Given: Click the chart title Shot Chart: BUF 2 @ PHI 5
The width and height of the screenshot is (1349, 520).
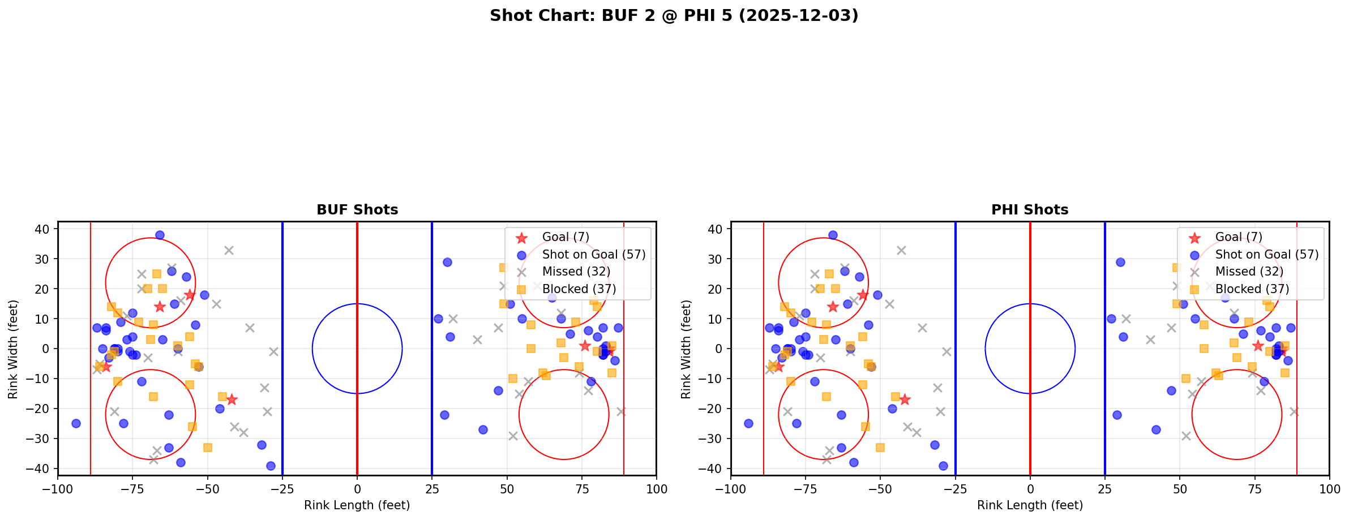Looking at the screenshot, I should coord(674,15).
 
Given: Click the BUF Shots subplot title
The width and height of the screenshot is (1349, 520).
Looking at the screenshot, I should coord(357,210).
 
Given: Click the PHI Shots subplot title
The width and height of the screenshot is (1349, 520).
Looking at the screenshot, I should coord(1030,210).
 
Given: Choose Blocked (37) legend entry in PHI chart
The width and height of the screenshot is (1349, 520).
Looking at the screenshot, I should coord(1252,289).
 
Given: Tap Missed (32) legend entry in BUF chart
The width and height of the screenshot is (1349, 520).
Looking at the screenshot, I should coord(576,272).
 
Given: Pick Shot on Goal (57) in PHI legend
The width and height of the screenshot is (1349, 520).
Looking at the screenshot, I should coord(1267,255).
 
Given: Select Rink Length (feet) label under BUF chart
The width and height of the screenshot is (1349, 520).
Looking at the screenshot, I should coord(357,505).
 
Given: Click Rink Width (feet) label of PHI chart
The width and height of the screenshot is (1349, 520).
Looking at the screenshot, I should coord(686,349).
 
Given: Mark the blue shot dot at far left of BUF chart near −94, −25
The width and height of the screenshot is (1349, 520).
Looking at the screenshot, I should coord(76,423).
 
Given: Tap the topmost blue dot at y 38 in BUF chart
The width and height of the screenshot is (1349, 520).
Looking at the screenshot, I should coord(160,235).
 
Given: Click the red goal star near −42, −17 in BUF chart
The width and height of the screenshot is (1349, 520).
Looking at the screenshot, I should coord(232,399).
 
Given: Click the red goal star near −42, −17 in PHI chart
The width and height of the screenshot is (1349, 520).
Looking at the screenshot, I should coord(905,399).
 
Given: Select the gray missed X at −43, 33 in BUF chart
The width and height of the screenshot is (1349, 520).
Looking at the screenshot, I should coord(229,250).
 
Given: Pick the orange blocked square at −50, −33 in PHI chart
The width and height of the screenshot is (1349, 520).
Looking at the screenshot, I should coord(880,448).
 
